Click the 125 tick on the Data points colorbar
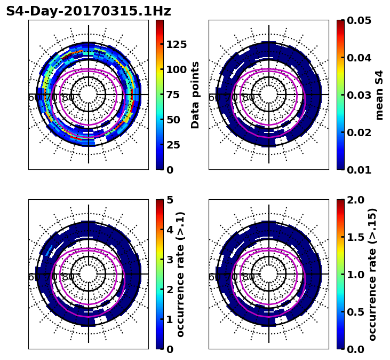point(176,44)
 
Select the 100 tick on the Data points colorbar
point(176,69)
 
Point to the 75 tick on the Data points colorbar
point(173,95)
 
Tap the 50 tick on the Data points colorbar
point(173,120)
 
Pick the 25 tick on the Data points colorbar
point(173,145)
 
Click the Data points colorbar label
point(196,95)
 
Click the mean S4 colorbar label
point(379,95)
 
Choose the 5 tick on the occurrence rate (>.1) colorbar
point(170,200)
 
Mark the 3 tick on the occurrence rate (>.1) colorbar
point(170,260)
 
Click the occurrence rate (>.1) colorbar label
point(181,274)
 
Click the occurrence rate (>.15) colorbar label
point(373,274)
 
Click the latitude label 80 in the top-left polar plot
point(68,98)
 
